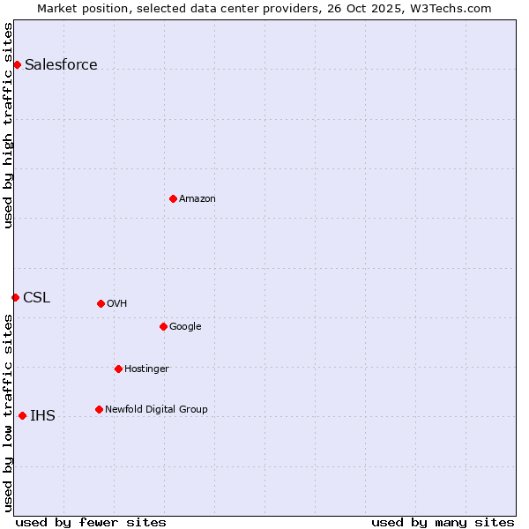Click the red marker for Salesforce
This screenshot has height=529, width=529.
(17, 64)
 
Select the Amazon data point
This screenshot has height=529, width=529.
(173, 198)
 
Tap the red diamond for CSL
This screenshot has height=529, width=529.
(15, 297)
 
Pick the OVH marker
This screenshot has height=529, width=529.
(101, 303)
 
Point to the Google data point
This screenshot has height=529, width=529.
(163, 326)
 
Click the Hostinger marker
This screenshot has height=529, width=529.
(118, 369)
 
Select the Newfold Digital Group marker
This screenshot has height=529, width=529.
(99, 409)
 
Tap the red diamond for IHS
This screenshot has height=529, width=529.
(22, 415)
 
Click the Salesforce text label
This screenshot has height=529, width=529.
(61, 64)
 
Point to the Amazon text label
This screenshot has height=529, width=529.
(197, 198)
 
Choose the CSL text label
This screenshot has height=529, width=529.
(37, 297)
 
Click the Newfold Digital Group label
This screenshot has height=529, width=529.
(156, 409)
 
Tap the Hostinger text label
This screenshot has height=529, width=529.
(146, 369)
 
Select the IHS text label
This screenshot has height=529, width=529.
(42, 415)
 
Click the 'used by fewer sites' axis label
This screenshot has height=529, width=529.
(91, 522)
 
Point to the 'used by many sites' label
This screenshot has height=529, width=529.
(443, 522)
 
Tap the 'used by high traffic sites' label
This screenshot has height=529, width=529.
(9, 125)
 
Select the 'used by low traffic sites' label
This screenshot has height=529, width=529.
(9, 413)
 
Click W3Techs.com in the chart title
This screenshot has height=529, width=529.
(453, 9)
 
